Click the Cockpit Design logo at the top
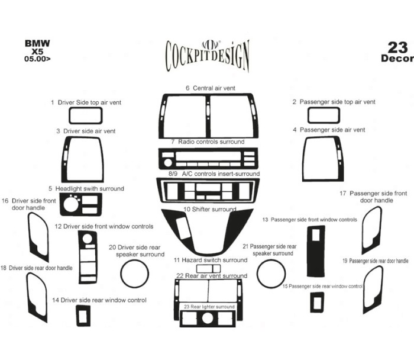click(207, 55)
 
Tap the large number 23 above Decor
click(397, 48)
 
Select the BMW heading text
click(37, 43)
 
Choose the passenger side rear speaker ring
click(271, 274)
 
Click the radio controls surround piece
click(208, 160)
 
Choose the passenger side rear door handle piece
click(374, 284)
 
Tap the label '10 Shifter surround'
click(209, 210)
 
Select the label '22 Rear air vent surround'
click(211, 276)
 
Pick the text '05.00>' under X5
click(37, 60)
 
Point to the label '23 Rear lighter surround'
click(209, 307)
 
